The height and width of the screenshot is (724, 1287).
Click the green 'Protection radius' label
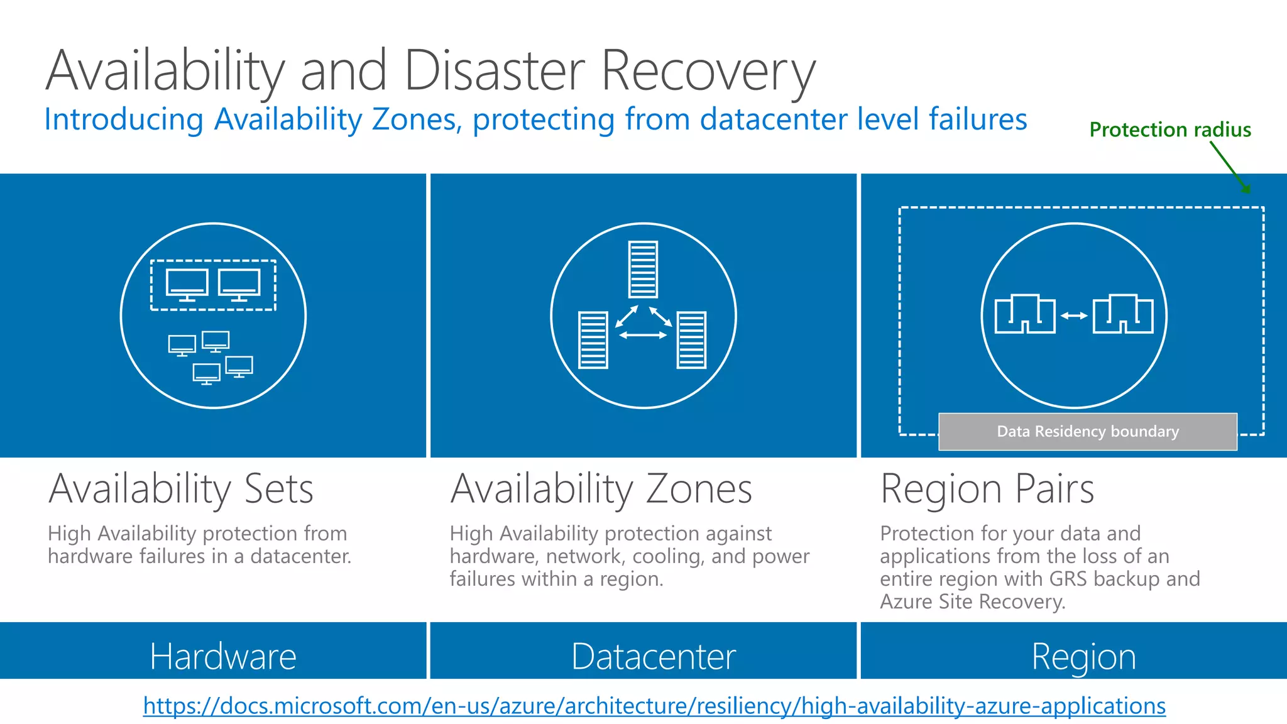(1169, 129)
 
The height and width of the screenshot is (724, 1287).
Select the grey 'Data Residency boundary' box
(1087, 432)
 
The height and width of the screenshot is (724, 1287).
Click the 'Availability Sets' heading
(181, 489)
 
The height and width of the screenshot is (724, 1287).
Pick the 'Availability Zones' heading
(601, 489)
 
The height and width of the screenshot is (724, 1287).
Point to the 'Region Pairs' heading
(987, 489)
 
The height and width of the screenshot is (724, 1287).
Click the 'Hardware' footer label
(222, 656)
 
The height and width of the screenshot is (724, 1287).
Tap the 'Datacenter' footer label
(653, 656)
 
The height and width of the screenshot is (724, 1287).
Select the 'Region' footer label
(1083, 657)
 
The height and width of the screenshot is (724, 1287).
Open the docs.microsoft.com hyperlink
(654, 706)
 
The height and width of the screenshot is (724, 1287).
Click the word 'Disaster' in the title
(494, 70)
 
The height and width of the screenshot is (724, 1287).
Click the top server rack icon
(643, 270)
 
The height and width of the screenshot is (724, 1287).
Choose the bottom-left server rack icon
(593, 340)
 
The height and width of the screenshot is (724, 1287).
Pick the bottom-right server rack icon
(691, 340)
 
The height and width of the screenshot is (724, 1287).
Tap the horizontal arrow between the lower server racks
(642, 336)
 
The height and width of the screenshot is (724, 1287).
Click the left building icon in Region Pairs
(1024, 314)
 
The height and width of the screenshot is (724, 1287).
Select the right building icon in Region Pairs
(1123, 314)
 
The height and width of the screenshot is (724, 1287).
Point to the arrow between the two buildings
(1074, 315)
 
